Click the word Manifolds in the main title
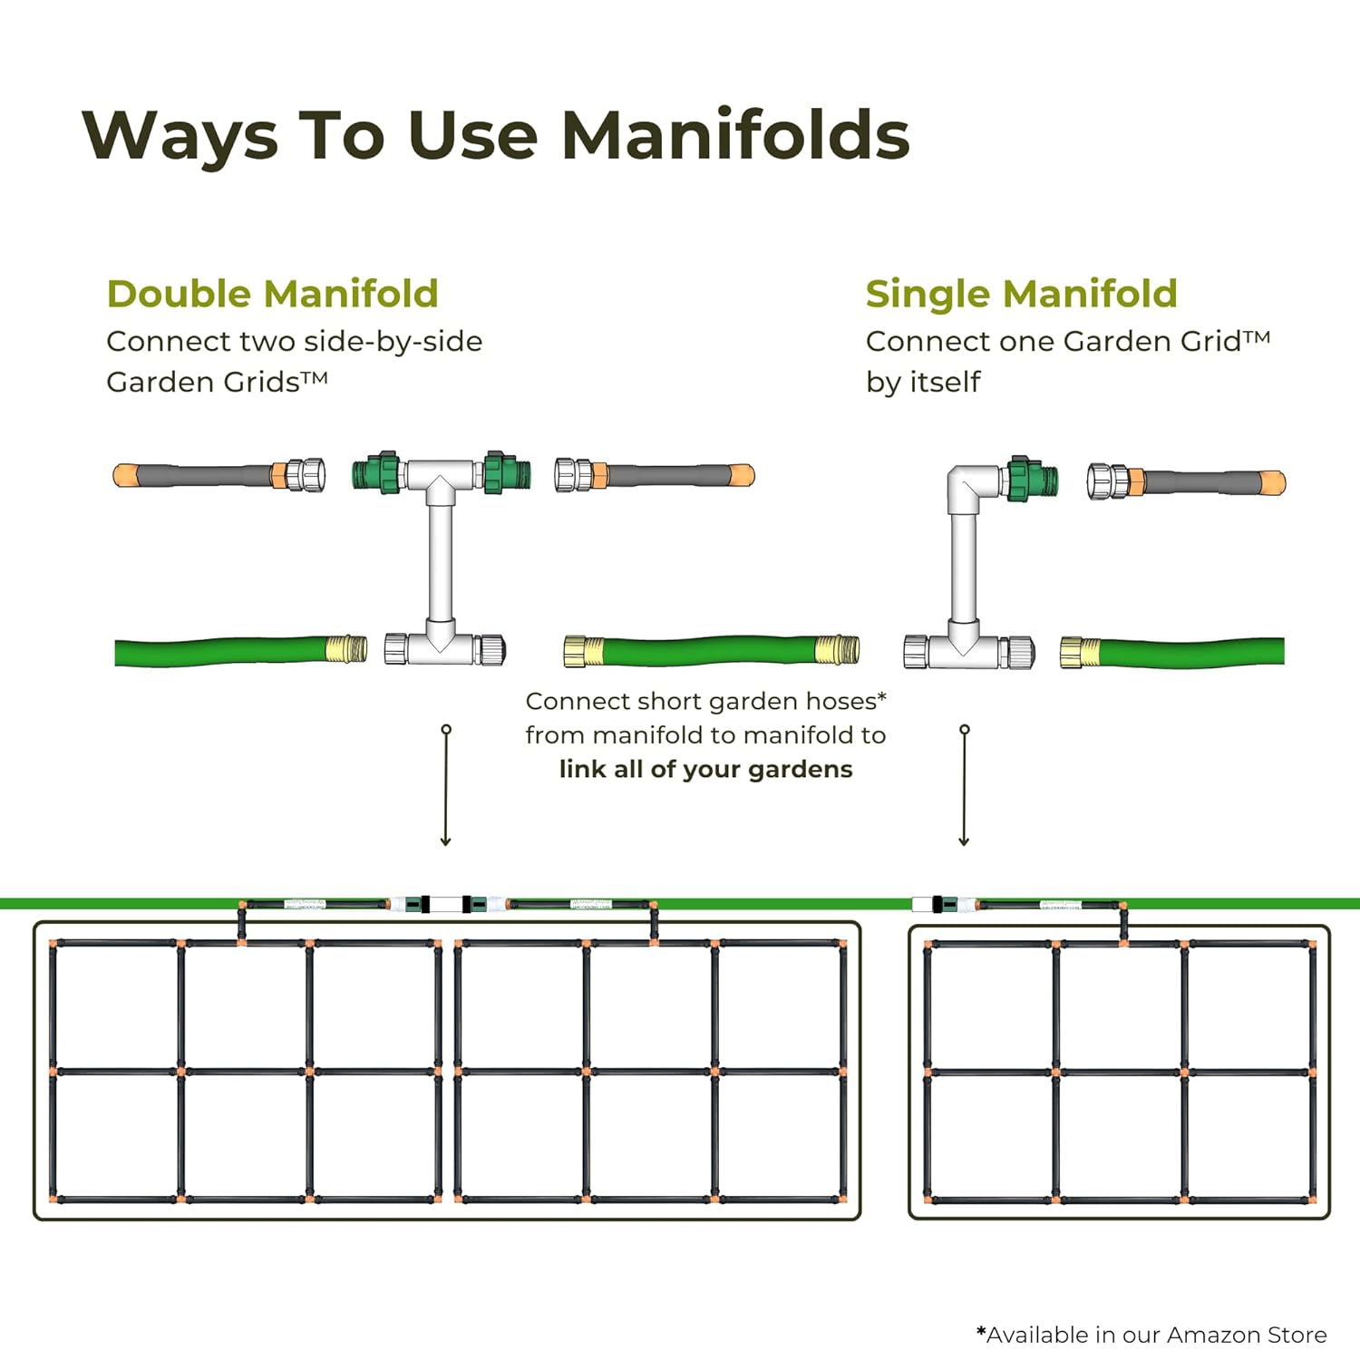click(735, 136)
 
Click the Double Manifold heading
click(272, 294)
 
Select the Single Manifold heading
click(1021, 294)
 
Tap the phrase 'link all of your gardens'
click(705, 769)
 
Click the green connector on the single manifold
click(1032, 478)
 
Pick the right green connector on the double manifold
click(503, 472)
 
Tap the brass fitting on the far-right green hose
click(1080, 652)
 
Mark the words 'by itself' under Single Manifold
click(923, 382)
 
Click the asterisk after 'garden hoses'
click(882, 696)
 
